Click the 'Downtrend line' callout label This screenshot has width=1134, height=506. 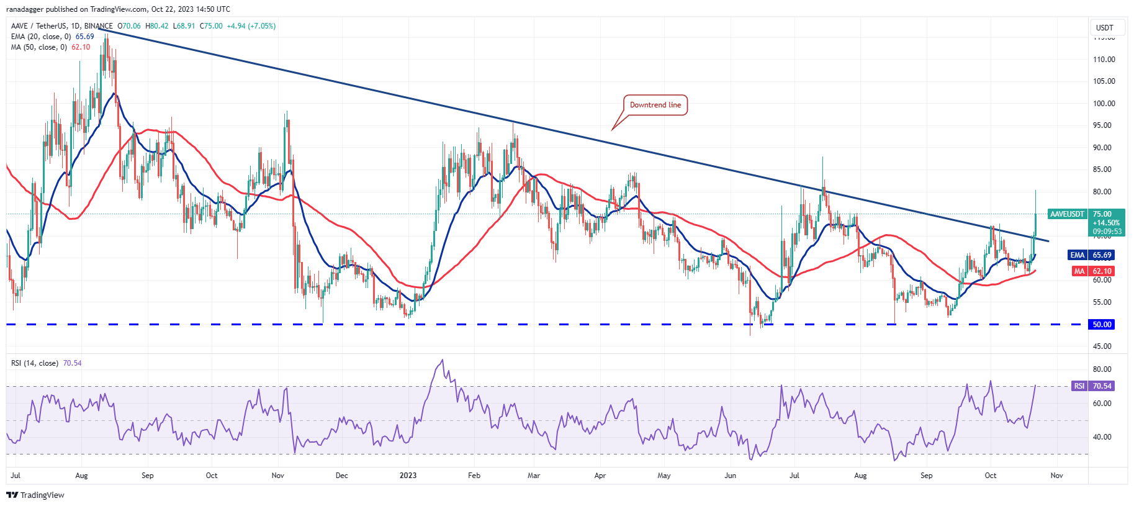click(x=655, y=105)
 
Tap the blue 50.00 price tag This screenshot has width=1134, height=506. click(x=1102, y=324)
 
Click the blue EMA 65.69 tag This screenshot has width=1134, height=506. click(x=1091, y=255)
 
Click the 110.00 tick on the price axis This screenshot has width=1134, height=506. click(x=1104, y=60)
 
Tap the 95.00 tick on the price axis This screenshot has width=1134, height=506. click(x=1102, y=125)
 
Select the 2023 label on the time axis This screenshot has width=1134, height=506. click(x=408, y=476)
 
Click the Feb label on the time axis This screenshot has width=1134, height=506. click(x=474, y=476)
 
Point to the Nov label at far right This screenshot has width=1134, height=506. click(x=1056, y=476)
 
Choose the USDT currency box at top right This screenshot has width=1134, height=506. click(x=1104, y=27)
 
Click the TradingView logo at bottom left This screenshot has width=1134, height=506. click(x=35, y=495)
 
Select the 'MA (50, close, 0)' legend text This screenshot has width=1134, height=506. click(x=38, y=47)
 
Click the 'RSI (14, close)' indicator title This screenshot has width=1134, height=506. click(x=35, y=363)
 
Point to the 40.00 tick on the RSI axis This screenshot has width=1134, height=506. click(x=1102, y=437)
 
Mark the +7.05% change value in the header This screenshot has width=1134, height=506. click(x=263, y=26)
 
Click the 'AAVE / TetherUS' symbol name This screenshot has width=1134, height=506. click(x=39, y=26)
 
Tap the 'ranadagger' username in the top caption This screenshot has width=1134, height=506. click(x=24, y=9)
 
